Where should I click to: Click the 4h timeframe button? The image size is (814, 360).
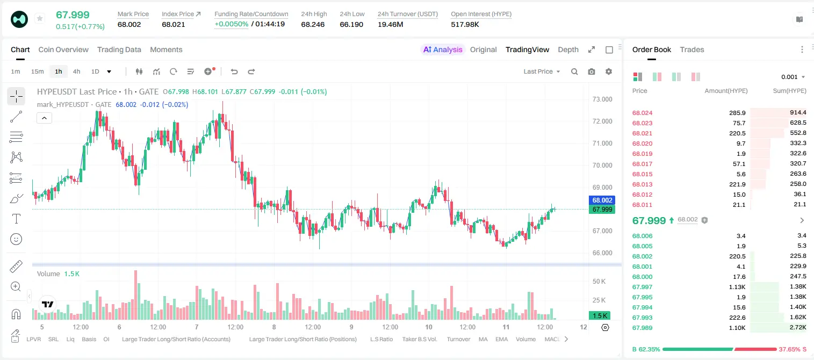click(76, 71)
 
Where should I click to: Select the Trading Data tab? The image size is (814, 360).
click(119, 49)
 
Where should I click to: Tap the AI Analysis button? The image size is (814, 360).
click(443, 49)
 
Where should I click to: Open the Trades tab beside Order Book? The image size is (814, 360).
click(692, 49)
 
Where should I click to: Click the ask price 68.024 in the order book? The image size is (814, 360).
click(642, 113)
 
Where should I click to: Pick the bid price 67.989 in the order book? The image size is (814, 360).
click(642, 328)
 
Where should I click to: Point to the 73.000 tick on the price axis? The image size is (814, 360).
click(602, 99)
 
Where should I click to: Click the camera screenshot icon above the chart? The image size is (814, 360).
click(592, 71)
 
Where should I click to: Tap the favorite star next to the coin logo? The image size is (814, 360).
click(40, 18)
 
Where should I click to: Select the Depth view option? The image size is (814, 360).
click(568, 49)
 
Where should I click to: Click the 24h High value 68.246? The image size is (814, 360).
click(313, 24)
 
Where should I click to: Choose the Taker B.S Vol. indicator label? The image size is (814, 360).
click(420, 339)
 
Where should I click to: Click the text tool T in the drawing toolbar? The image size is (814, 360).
click(16, 219)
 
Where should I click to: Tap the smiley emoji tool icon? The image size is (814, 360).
click(16, 239)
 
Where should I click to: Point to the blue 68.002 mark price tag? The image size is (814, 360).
click(602, 200)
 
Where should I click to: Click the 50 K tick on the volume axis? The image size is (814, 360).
click(599, 281)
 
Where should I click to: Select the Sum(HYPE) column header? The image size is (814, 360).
click(789, 91)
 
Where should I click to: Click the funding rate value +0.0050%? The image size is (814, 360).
click(232, 24)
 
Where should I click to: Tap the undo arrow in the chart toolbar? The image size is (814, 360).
click(234, 71)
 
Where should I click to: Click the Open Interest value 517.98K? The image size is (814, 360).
click(465, 24)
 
